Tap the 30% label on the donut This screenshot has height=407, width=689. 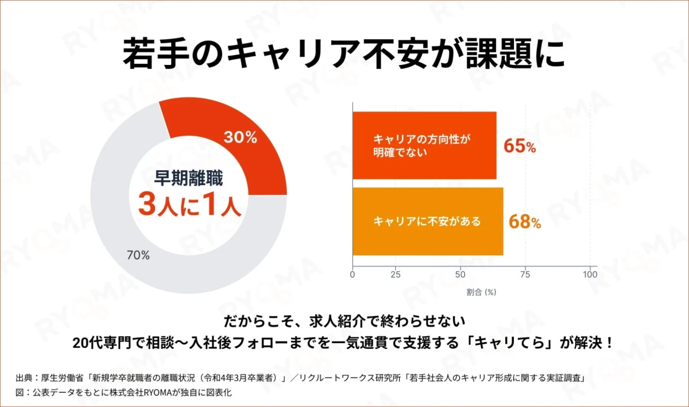pos(240,137)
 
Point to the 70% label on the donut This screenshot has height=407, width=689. pos(138,255)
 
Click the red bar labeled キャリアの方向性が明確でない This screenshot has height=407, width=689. pos(424,146)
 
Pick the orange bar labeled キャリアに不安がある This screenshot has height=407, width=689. pos(427,221)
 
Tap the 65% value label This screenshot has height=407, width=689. pos(520,147)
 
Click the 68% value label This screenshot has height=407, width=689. pos(524,222)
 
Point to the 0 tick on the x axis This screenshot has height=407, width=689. pos(353,274)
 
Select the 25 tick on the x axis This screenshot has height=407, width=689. pos(395,274)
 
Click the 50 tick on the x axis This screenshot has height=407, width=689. pos(460,274)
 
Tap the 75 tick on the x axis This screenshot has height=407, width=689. pos(525,274)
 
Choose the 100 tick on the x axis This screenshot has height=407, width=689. pos(590,274)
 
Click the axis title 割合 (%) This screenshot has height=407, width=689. pos(481,292)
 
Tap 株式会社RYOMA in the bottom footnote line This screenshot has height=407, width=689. pos(148,393)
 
